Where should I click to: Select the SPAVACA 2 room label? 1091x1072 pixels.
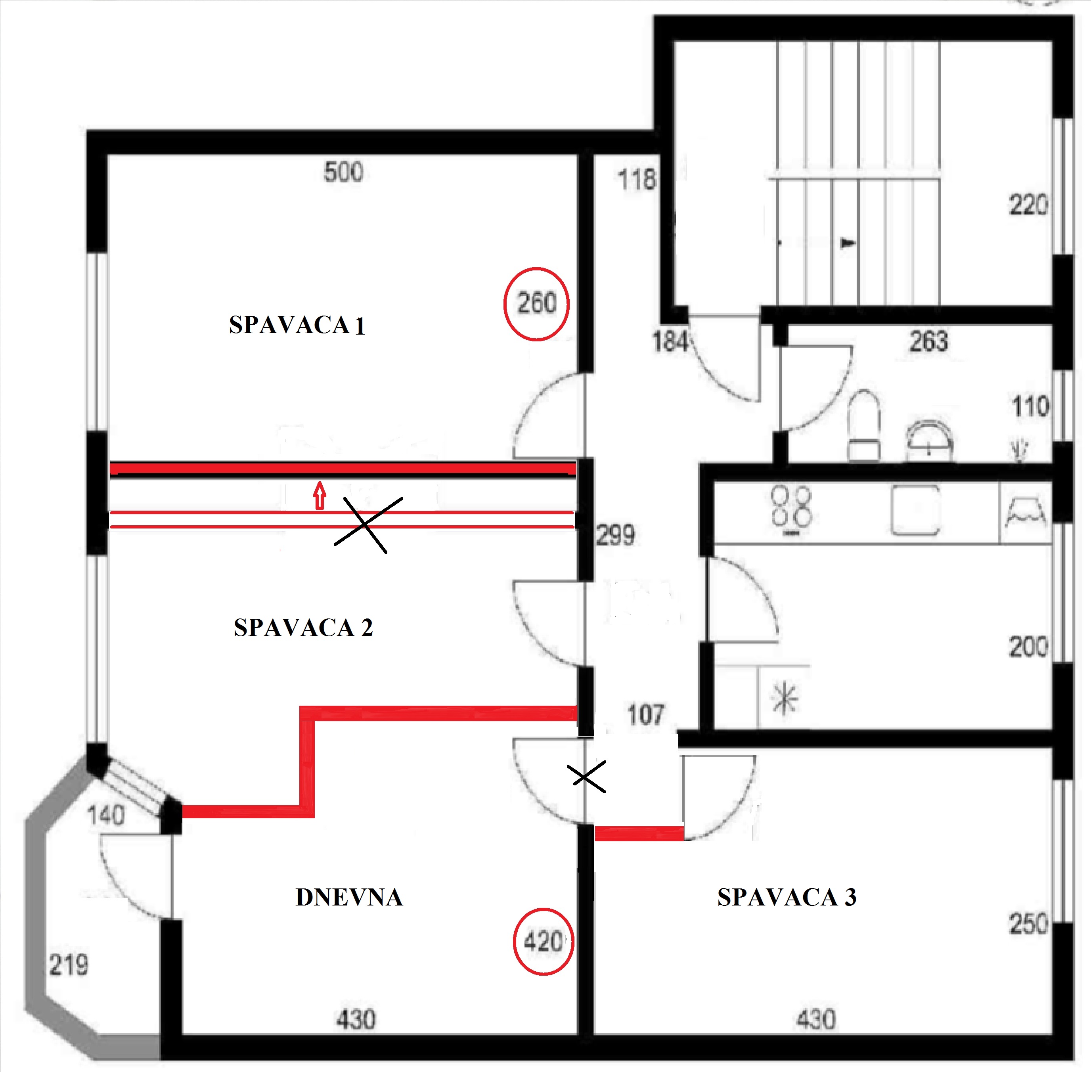coord(303,627)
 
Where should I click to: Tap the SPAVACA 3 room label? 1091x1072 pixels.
coord(787,898)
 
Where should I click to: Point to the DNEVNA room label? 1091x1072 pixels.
coord(349,898)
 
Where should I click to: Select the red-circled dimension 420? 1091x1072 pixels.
coord(543,942)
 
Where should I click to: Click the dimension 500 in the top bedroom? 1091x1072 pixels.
coord(343,172)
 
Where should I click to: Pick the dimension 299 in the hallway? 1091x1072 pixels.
coord(615,534)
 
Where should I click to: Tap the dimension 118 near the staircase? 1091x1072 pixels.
coord(637,180)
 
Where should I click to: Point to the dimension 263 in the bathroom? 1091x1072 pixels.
coord(929,341)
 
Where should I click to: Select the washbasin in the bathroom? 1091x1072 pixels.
coord(929,441)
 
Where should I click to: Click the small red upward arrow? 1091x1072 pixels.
coord(320,496)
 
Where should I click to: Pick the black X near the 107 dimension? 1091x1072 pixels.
coord(587,777)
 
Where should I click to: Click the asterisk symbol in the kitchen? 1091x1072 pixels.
coord(785,700)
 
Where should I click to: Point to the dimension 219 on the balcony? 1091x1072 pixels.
coord(69,965)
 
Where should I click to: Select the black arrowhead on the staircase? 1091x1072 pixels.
coord(848,243)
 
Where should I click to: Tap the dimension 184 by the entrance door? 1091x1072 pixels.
coord(670,341)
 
